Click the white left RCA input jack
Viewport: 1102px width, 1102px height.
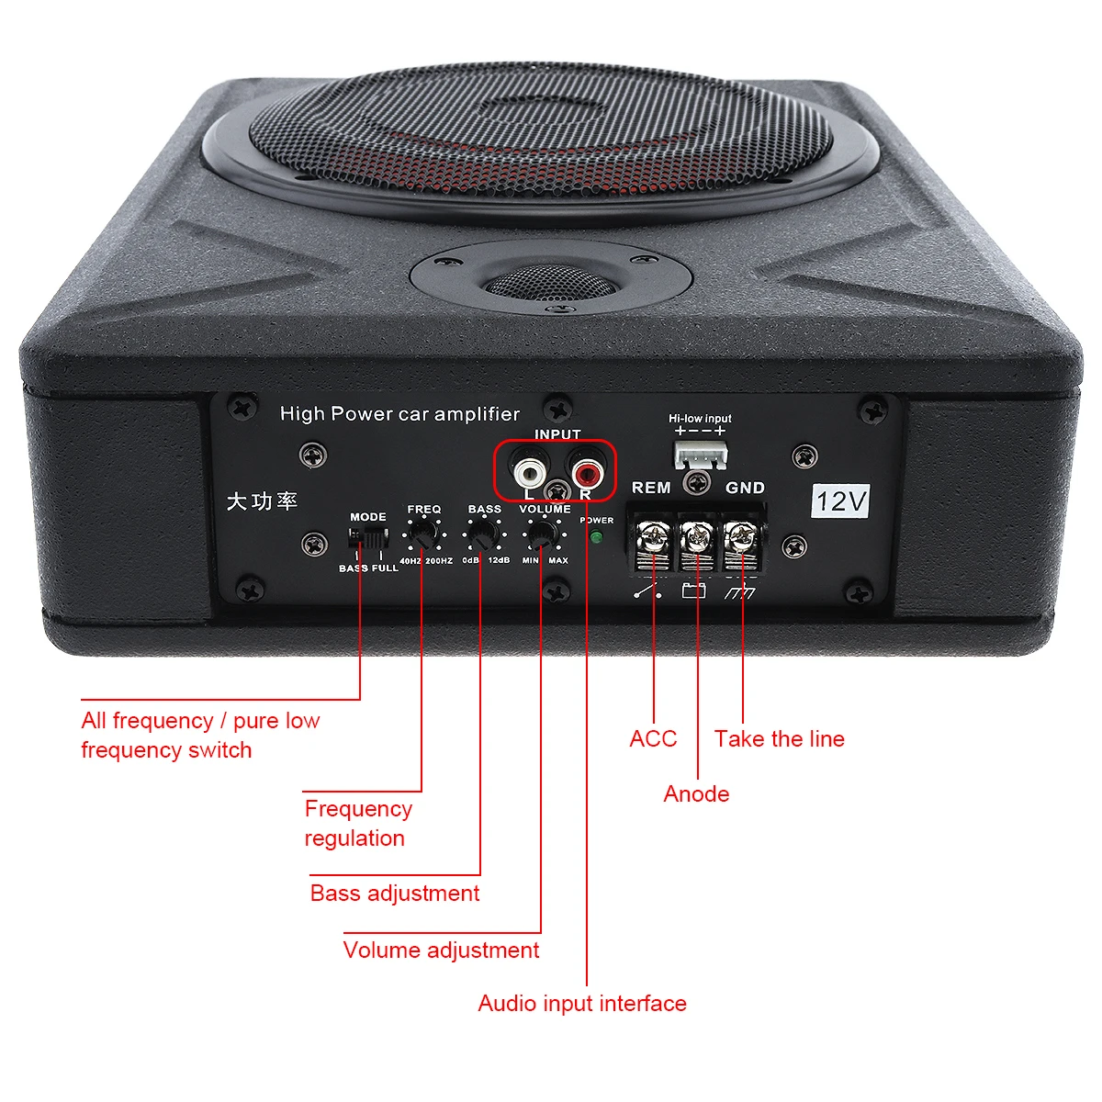click(529, 473)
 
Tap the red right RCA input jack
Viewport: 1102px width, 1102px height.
click(585, 473)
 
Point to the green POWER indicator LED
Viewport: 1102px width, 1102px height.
click(596, 538)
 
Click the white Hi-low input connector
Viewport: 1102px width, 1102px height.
click(700, 453)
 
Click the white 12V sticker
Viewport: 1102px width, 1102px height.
click(841, 500)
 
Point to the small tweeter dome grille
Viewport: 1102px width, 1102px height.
click(549, 284)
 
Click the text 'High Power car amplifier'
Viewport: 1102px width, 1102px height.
click(399, 414)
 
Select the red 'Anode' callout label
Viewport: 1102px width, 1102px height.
click(696, 794)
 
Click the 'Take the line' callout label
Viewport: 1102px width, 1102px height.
click(779, 739)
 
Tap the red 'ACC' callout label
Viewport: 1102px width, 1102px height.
click(653, 739)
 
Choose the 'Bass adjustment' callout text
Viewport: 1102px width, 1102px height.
click(395, 894)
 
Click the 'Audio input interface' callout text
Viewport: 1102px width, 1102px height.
click(582, 1004)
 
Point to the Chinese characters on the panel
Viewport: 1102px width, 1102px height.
click(262, 501)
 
